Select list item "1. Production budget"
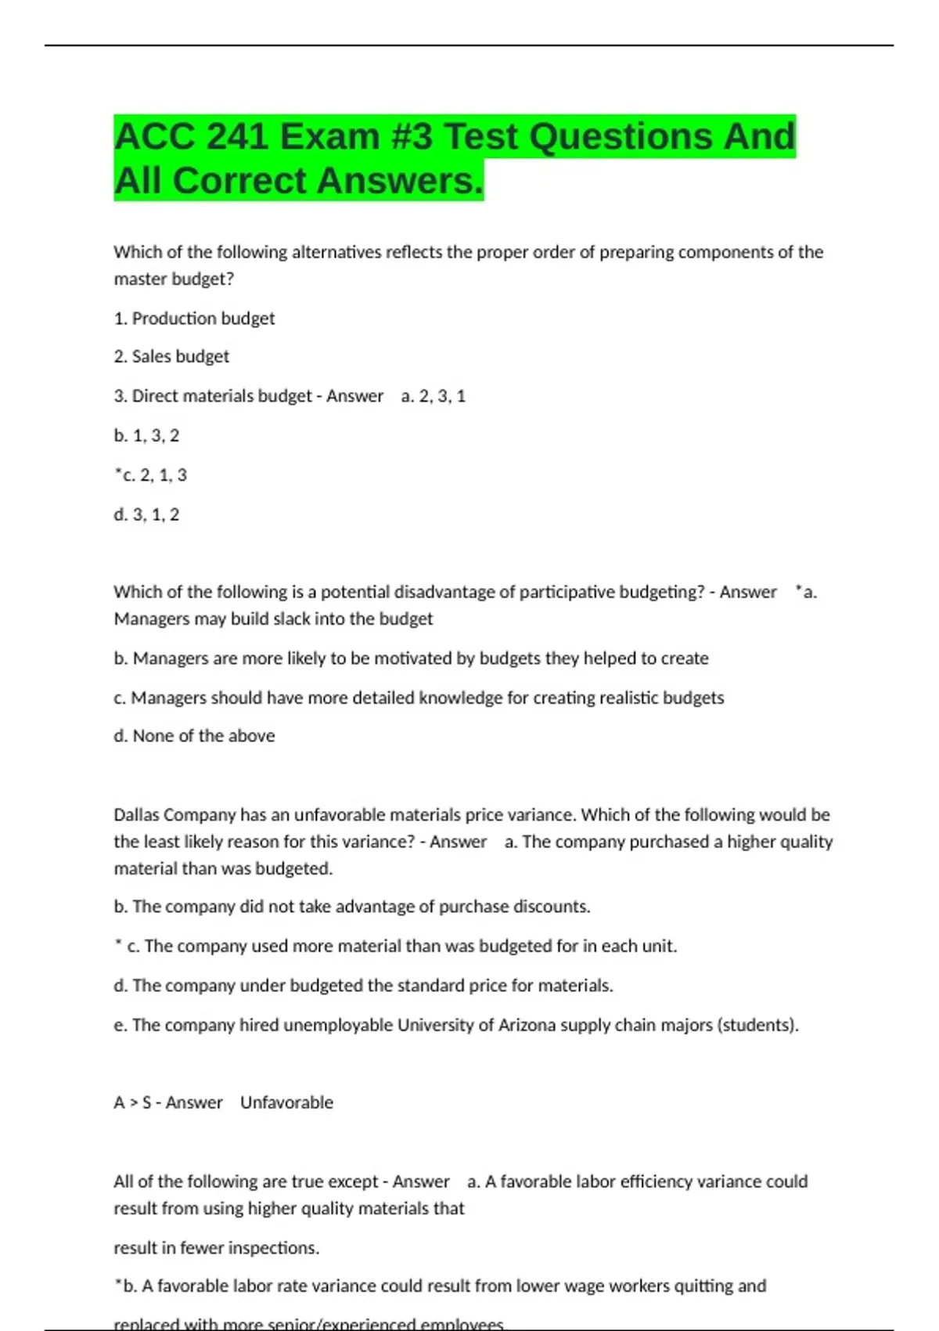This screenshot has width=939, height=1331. click(194, 319)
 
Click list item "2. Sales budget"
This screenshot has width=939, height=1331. click(171, 357)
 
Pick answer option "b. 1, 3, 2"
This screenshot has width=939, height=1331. click(146, 436)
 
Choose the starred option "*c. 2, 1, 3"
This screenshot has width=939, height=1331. click(150, 475)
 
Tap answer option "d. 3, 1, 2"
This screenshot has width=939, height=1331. click(146, 515)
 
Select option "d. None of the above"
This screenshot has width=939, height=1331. click(194, 736)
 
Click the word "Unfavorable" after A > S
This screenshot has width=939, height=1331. click(286, 1102)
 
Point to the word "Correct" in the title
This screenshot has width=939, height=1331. click(239, 181)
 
